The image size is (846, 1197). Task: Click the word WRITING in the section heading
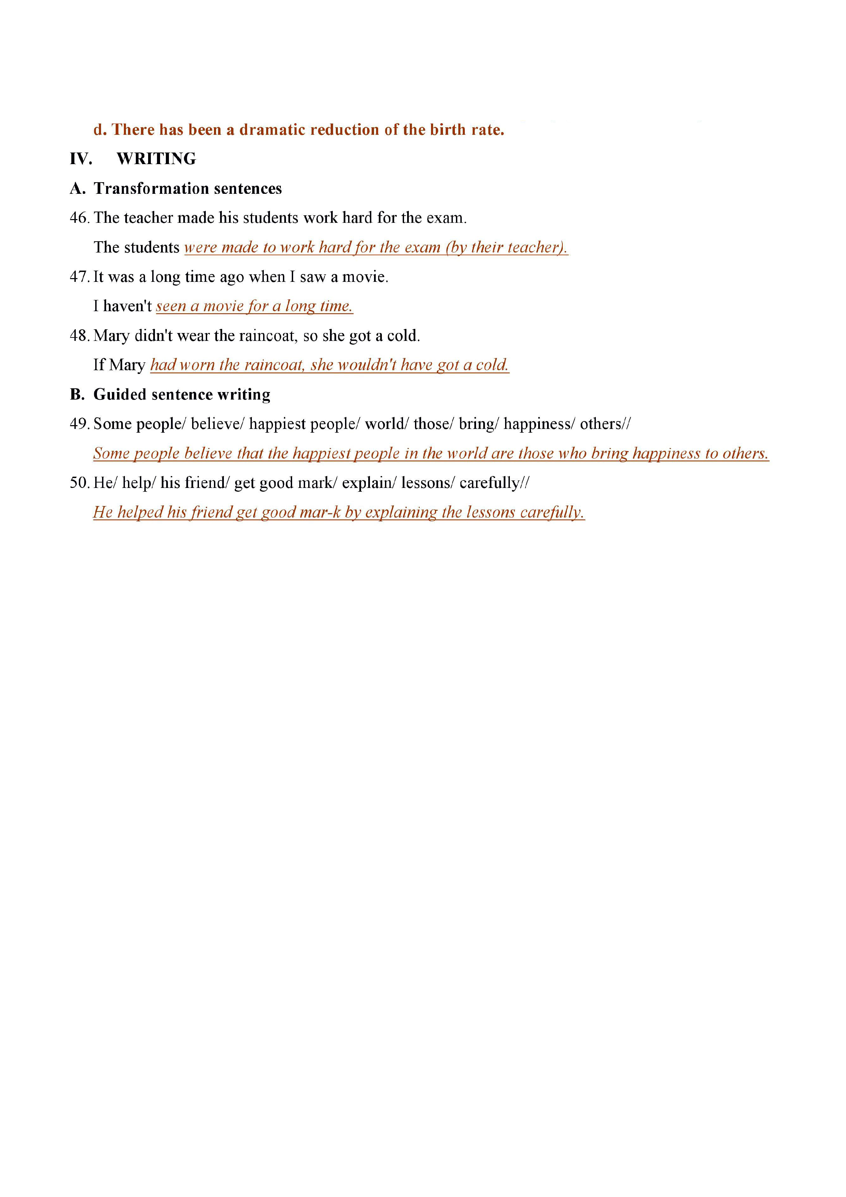click(156, 159)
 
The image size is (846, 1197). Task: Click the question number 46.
click(79, 218)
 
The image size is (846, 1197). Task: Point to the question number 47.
click(79, 277)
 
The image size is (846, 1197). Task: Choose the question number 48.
click(79, 336)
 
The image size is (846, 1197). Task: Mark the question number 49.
click(79, 424)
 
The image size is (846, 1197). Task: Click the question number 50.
click(79, 483)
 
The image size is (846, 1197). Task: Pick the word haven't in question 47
click(128, 306)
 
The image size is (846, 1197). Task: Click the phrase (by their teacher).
click(506, 247)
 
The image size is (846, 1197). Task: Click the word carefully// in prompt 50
click(494, 483)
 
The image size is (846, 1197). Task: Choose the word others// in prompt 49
click(605, 424)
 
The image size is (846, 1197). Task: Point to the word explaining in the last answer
click(401, 513)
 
